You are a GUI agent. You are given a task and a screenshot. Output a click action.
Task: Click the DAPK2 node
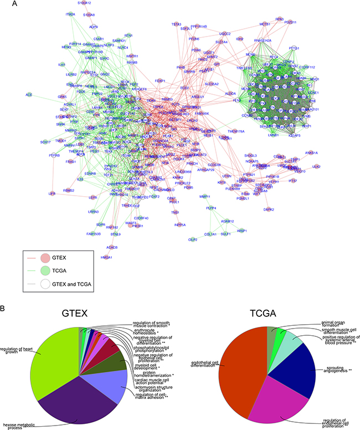coord(285,209)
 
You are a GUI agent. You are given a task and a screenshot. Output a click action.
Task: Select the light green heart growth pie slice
coord(53,360)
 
